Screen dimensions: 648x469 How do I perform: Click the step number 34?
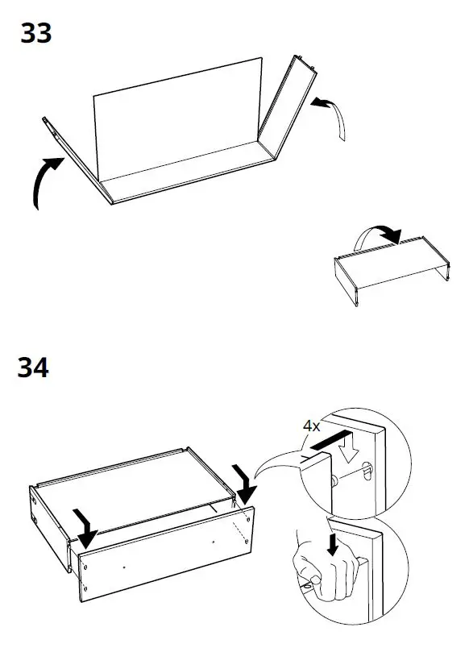(32, 368)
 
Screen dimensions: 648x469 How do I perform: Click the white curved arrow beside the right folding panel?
(330, 113)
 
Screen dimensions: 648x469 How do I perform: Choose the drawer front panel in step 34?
(161, 556)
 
